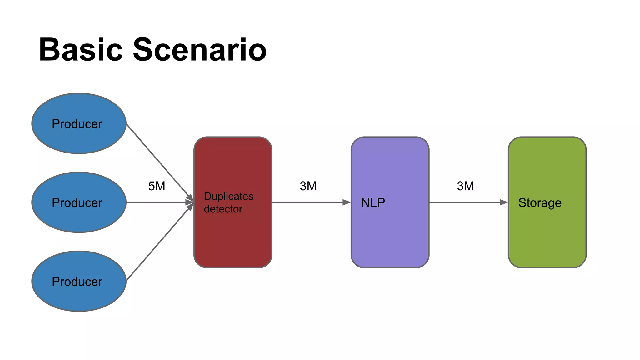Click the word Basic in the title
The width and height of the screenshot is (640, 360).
click(x=81, y=50)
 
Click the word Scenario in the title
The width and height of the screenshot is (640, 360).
click(x=200, y=50)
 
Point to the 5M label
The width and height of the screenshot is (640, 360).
click(x=157, y=186)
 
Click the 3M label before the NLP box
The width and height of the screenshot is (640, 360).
click(x=308, y=186)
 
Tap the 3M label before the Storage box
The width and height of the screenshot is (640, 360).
click(x=465, y=186)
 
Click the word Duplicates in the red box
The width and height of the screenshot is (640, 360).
click(x=228, y=196)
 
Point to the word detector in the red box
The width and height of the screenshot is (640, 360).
click(x=223, y=209)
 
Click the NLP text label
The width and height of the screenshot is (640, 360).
click(x=373, y=203)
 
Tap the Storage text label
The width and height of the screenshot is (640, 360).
click(x=540, y=203)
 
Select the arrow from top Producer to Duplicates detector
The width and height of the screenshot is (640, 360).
click(x=158, y=161)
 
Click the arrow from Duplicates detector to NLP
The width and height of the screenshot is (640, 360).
click(x=309, y=202)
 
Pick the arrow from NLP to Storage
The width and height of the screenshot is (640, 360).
click(x=466, y=202)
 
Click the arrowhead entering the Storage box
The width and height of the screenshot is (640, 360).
click(x=504, y=202)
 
